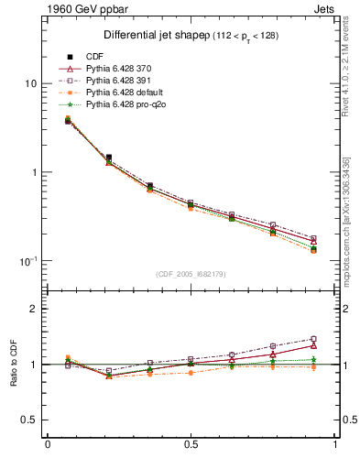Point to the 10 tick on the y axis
[30, 83]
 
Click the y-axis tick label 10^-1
[27, 261]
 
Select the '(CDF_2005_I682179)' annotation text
[191, 274]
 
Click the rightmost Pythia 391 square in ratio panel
[313, 339]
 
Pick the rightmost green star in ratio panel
[313, 360]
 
